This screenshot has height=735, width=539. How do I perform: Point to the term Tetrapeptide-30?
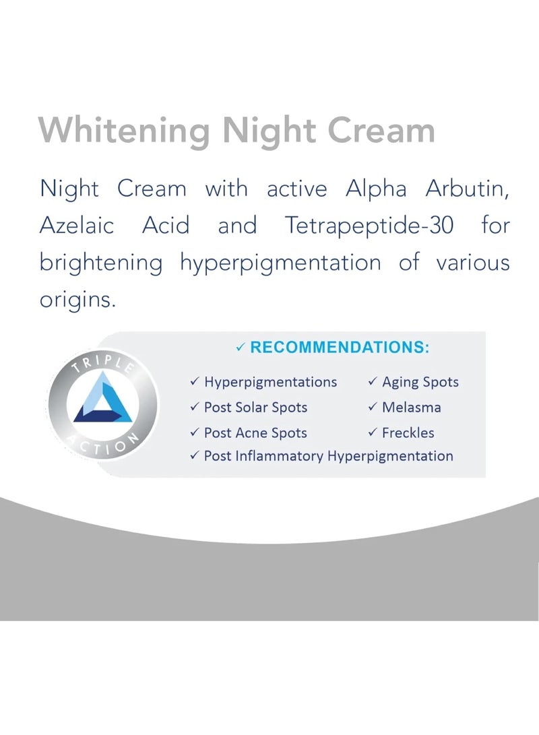pos(366,225)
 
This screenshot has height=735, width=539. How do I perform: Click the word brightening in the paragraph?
pos(101,263)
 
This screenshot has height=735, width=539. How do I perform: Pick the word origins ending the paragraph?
pos(78,299)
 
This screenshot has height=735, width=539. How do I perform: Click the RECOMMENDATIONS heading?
pos(339,348)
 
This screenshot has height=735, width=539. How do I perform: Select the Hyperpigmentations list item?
pos(270,382)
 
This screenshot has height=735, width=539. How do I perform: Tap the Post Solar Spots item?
pos(255,408)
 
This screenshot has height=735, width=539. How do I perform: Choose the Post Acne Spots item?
pos(255,433)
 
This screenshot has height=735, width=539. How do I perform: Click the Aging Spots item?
pos(420,382)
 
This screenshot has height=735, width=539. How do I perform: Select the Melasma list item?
pos(412,408)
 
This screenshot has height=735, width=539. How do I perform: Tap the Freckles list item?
pos(408,433)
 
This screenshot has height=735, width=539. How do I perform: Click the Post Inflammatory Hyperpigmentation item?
pos(328,456)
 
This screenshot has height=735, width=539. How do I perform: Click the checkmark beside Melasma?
pos(373,408)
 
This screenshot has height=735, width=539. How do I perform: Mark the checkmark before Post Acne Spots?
pos(194,433)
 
